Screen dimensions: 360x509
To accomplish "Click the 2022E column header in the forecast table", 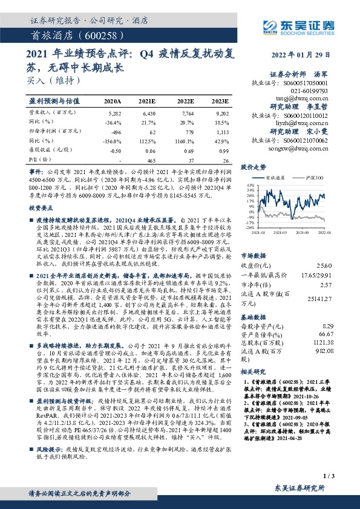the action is [186, 100].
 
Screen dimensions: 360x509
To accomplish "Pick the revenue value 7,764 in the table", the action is [186, 113].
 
